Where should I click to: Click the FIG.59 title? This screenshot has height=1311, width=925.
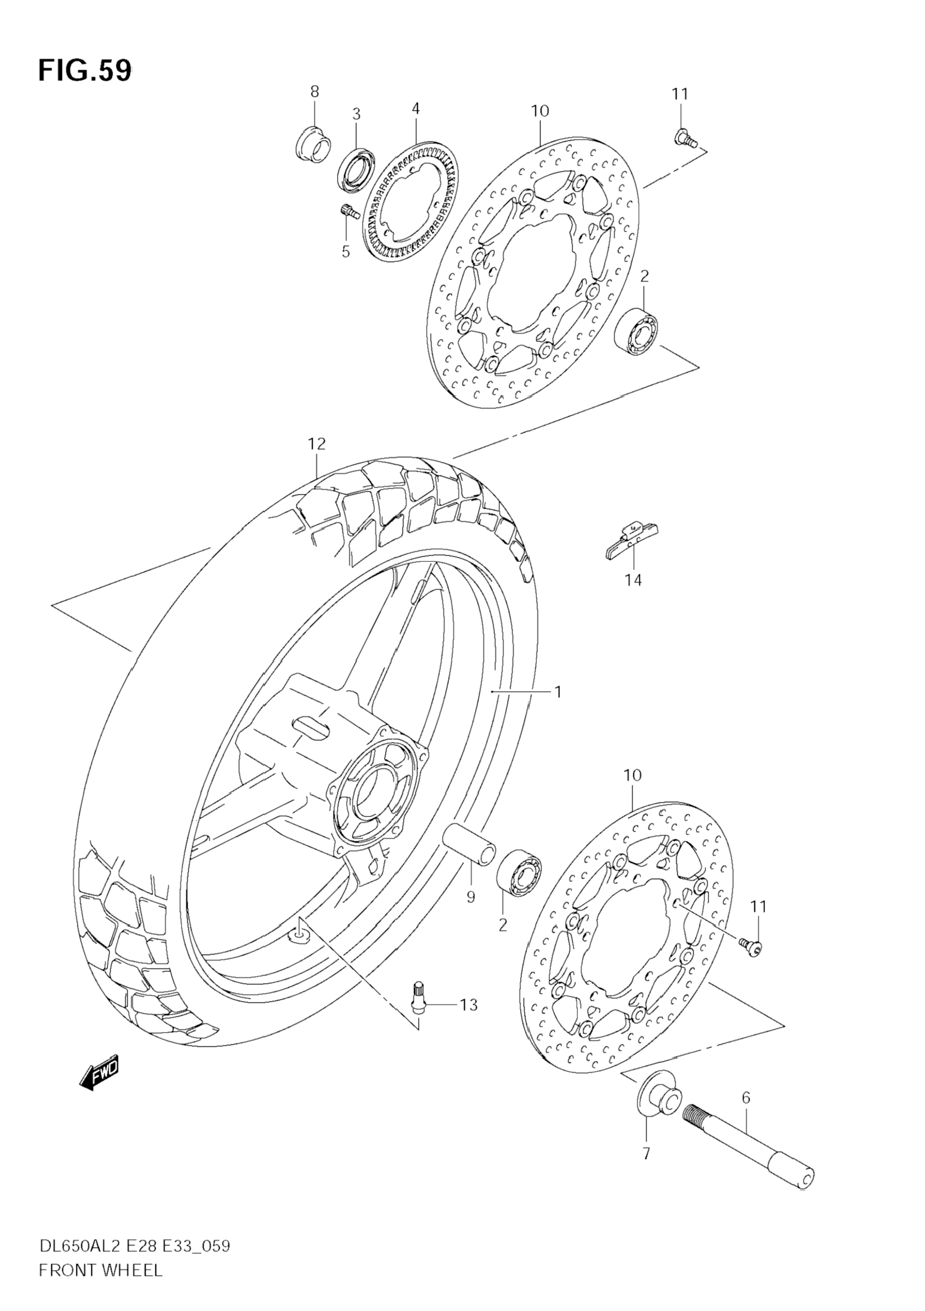coord(85,71)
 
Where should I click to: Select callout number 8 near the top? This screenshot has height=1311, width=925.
coord(314,91)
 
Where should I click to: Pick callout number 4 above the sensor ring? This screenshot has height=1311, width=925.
coord(415,109)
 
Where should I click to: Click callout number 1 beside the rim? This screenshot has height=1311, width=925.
coord(558,692)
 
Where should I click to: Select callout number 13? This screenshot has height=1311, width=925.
coord(468,1005)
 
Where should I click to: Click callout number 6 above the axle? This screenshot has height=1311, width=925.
coord(746,1097)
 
